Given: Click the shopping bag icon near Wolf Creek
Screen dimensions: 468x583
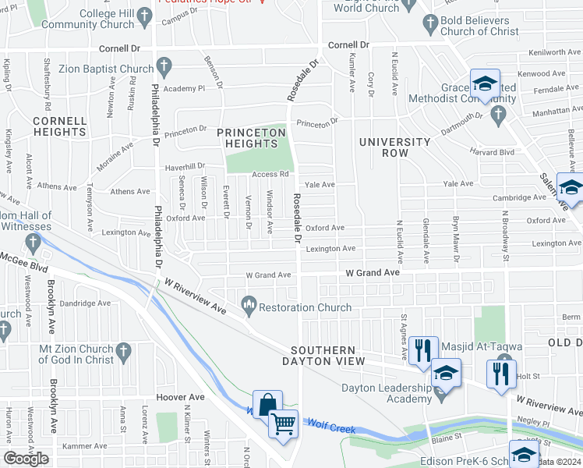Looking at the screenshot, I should point(267,404).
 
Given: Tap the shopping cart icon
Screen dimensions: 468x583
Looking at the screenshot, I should point(283,424).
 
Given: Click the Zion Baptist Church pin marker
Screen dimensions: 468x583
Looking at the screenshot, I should point(163,68).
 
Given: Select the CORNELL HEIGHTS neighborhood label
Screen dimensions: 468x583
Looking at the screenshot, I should point(59,126).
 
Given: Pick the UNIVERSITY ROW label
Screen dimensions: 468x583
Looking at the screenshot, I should point(395,147).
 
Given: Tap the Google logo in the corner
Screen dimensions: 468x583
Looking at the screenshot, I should point(26,458).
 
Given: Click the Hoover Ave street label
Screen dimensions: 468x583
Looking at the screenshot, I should point(180,397).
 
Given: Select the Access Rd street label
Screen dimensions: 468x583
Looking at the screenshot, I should point(270,174).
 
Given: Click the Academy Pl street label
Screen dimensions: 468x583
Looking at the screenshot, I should point(184,89).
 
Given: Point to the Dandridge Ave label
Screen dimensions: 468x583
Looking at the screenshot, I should point(86,303).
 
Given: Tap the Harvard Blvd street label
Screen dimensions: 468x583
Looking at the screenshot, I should point(492,152).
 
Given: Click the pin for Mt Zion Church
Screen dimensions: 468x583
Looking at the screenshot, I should point(120,355).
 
